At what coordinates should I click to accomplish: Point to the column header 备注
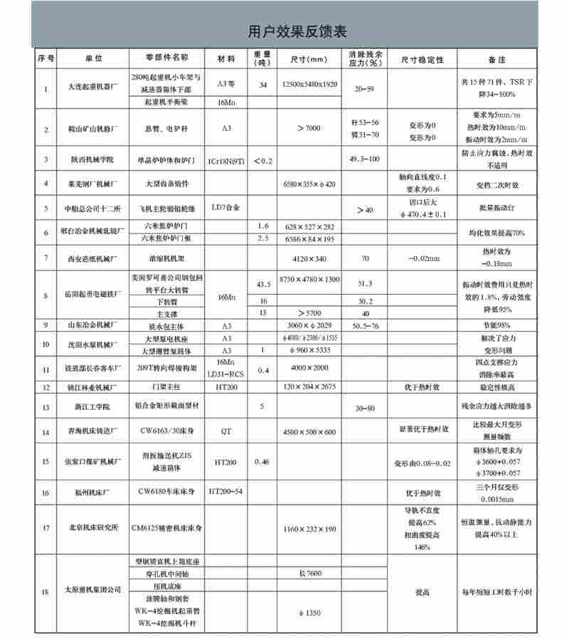pos(496,58)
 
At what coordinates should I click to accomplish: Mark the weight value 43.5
pos(262,284)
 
